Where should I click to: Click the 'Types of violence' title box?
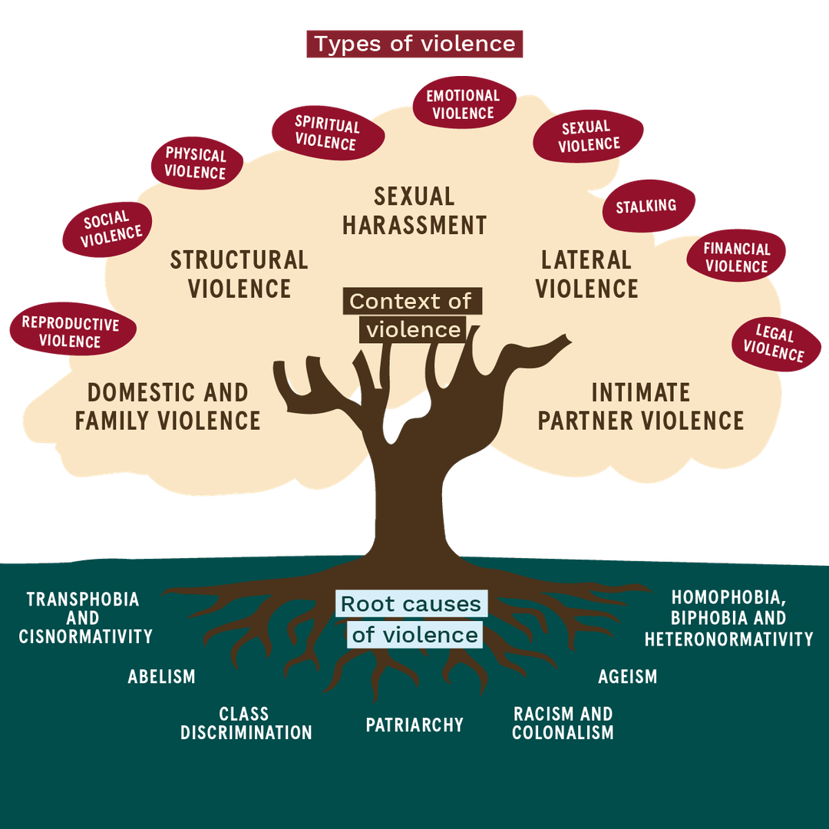pos(414,44)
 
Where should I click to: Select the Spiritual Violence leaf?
pos(327,133)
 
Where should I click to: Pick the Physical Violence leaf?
pos(196,163)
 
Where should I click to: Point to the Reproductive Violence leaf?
pos(71,332)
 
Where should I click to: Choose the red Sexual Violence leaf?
pos(588,136)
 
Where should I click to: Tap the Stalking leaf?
pos(647,206)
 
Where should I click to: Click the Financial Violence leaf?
pos(736,258)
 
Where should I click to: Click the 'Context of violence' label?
pos(412,315)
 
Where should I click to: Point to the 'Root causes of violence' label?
pos(411,619)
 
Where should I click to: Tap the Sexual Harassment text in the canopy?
pos(414,210)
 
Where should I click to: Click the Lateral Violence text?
pos(586,274)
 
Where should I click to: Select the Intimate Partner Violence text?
pos(641,407)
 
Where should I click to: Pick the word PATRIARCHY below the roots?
pos(414,725)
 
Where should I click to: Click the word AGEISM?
pos(627,676)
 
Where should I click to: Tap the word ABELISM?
pos(161,676)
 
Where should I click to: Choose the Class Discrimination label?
pos(246,723)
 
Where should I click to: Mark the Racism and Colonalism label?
pos(563,723)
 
